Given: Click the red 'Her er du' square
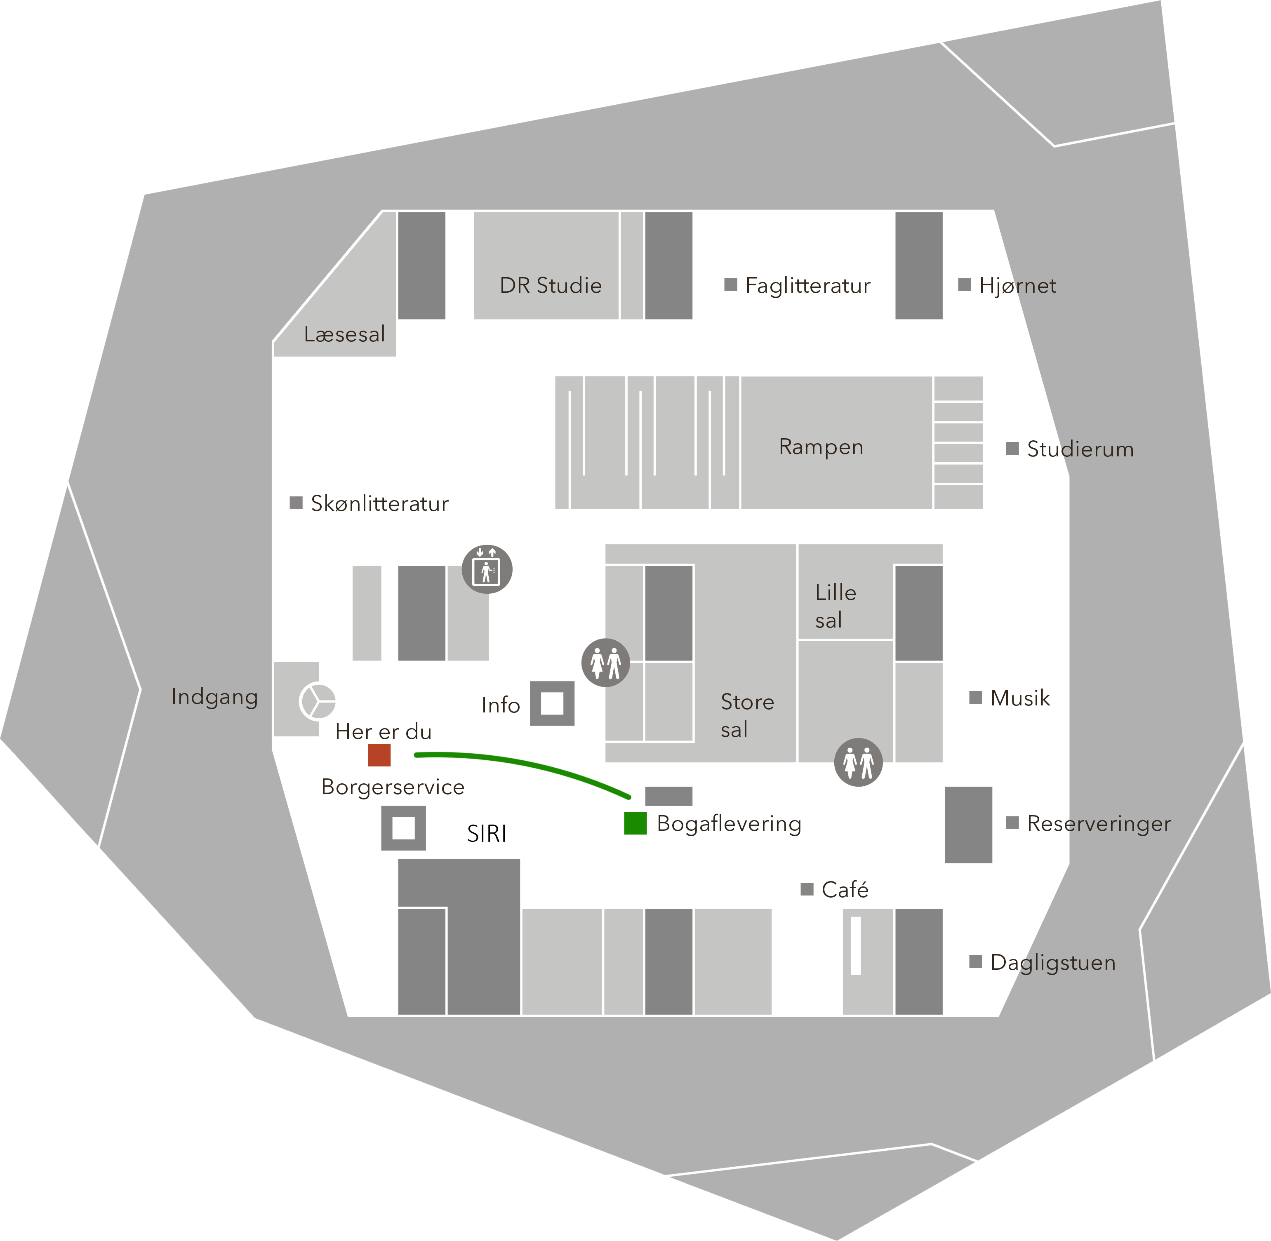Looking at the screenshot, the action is click(379, 755).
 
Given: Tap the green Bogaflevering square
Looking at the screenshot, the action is click(635, 823).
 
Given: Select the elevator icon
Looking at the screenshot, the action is click(487, 569).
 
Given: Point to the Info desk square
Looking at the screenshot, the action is click(552, 703).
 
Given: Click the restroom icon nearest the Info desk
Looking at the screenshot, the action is click(605, 663).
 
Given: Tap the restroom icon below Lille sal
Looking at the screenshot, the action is click(859, 762).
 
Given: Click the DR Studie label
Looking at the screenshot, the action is click(551, 285).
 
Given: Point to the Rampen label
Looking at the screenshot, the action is click(821, 447).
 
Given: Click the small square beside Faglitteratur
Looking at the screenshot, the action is click(731, 285).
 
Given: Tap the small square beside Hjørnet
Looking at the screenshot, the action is click(965, 285).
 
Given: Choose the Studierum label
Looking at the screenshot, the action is click(1080, 449).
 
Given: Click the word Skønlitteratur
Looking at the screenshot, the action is click(380, 503).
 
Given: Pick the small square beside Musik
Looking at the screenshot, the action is click(976, 698).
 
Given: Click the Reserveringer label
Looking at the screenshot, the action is click(1099, 824).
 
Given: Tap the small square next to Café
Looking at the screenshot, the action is click(807, 889).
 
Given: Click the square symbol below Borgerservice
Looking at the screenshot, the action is click(403, 828).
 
